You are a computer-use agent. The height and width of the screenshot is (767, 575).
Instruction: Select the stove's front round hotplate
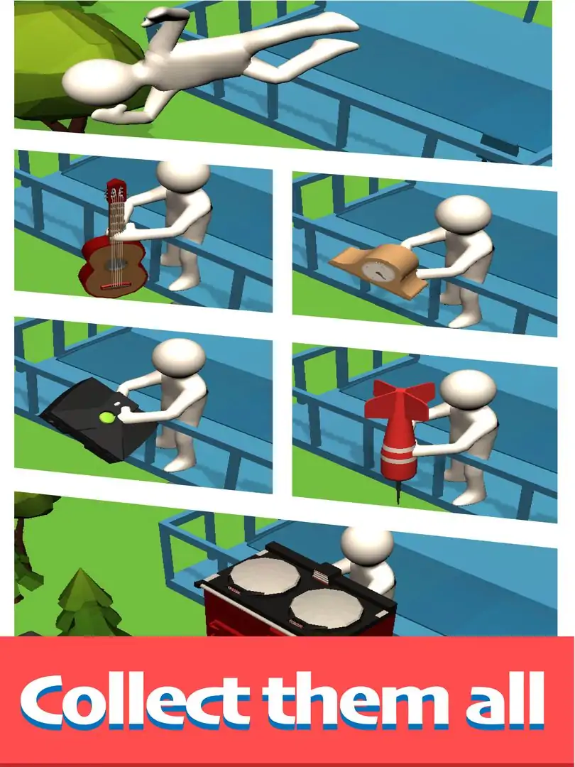[x=326, y=609]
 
